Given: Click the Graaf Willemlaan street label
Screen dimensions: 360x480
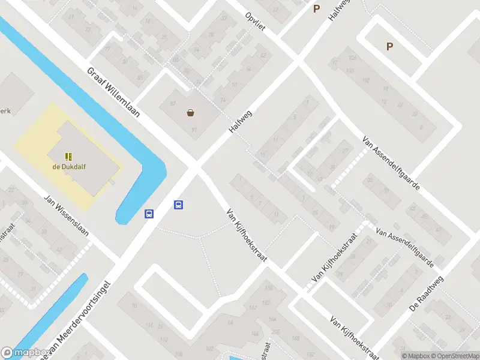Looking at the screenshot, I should pyautogui.click(x=113, y=91).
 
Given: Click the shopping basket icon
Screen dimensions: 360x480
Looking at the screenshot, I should pyautogui.click(x=190, y=112).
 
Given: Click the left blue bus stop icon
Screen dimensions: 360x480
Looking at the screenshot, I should pyautogui.click(x=149, y=213).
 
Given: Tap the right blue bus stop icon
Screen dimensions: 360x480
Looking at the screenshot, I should pyautogui.click(x=178, y=205).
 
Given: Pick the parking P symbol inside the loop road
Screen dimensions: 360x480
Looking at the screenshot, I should pyautogui.click(x=389, y=46).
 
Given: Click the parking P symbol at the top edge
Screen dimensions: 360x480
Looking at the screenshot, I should pyautogui.click(x=316, y=8).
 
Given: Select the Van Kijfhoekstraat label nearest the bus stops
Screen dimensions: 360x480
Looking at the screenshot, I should pyautogui.click(x=246, y=235).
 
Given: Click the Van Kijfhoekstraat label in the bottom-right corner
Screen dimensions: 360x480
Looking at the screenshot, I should pyautogui.click(x=354, y=338).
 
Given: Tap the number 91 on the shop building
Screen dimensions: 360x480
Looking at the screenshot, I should pyautogui.click(x=194, y=130).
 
